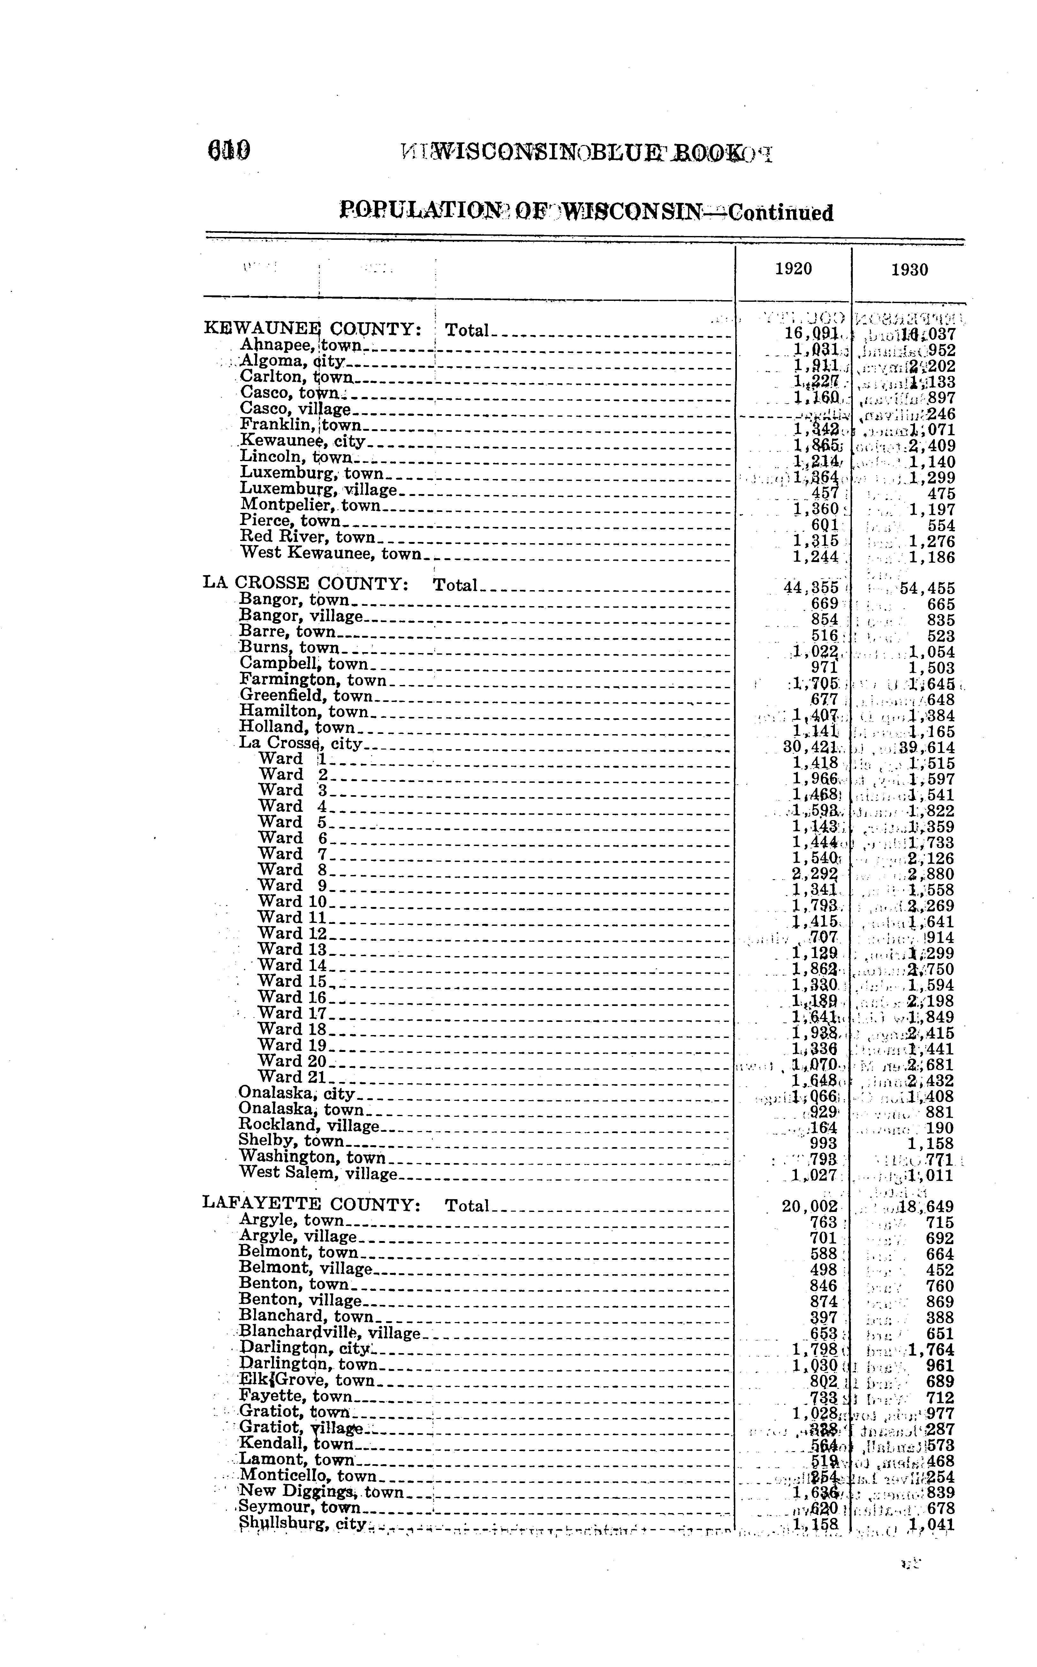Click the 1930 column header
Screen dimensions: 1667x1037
(909, 270)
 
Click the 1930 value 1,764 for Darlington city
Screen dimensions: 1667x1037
(931, 1350)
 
